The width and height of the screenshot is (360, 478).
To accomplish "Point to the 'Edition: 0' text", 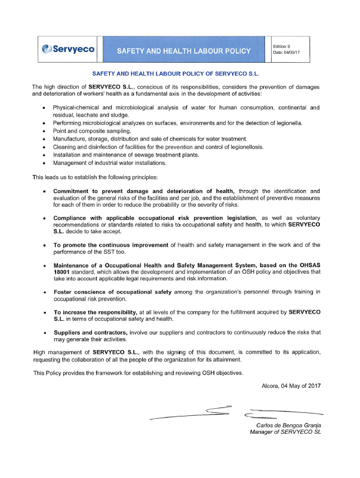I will click(282, 46).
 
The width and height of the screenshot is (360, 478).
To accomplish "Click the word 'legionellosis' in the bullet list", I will click(245, 146).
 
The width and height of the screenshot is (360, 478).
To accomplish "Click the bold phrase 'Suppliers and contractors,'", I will click(90, 332).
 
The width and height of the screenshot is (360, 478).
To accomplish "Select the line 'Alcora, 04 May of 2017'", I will click(291, 386).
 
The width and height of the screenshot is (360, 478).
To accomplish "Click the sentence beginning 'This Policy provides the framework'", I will click(138, 373).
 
